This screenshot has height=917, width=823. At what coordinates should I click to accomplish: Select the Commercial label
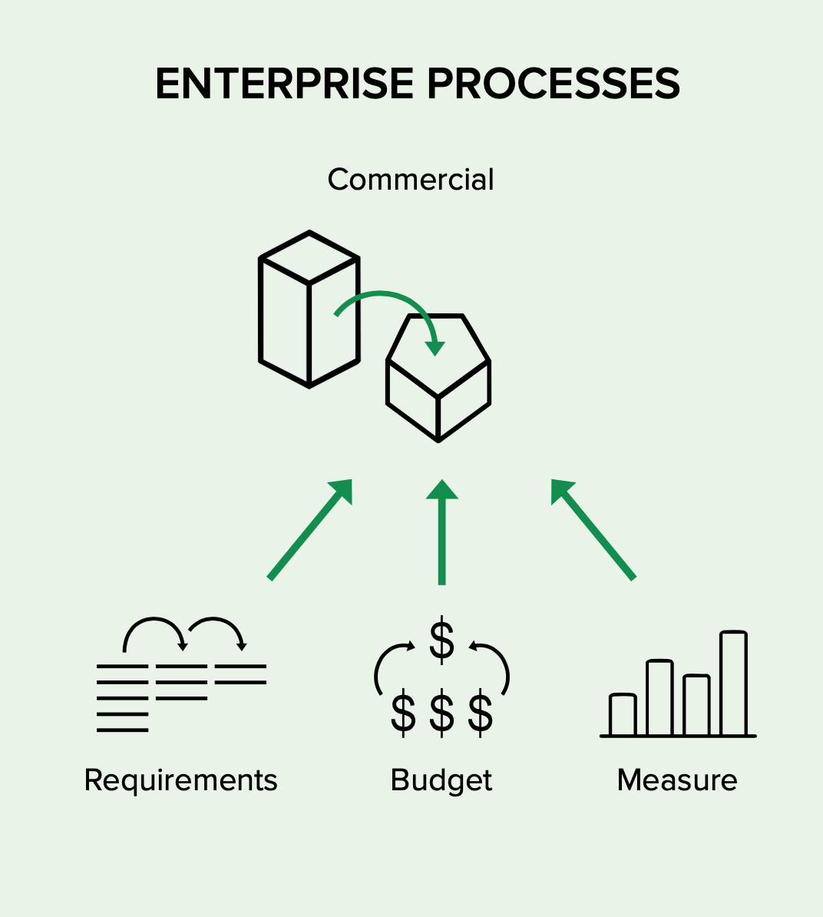(x=411, y=180)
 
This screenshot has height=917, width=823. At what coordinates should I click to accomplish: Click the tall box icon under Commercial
(x=309, y=310)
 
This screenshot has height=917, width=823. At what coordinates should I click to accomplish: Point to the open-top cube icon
(x=438, y=380)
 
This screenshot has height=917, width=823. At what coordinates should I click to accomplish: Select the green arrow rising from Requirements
(x=310, y=529)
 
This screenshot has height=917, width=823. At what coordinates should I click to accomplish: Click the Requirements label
(x=180, y=780)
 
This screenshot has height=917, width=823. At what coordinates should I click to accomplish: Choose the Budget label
(x=441, y=780)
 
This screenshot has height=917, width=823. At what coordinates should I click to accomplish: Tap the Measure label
(x=677, y=780)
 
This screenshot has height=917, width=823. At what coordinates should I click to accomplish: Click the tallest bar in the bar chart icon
(x=733, y=684)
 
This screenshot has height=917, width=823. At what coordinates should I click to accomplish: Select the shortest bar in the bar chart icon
(x=623, y=715)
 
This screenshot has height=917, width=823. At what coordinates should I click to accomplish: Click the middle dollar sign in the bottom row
(x=441, y=713)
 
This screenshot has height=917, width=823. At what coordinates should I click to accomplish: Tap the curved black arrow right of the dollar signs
(x=494, y=664)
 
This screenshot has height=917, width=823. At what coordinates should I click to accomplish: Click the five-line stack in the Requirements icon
(x=123, y=697)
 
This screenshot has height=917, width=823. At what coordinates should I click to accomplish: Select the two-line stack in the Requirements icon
(x=240, y=674)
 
